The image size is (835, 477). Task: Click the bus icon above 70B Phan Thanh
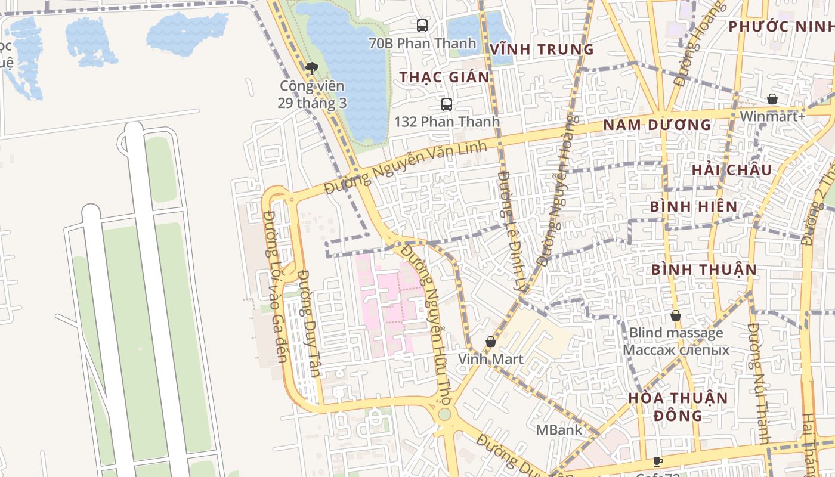click(x=422, y=25)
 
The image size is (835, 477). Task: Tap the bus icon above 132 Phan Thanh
click(x=447, y=104)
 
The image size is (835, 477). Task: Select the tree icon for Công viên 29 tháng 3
click(x=311, y=69)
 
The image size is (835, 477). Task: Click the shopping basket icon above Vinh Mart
click(x=491, y=342)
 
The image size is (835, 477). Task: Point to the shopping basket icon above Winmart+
click(x=772, y=99)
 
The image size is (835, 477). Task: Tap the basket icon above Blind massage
click(x=676, y=315)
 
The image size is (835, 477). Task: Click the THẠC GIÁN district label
click(x=444, y=77)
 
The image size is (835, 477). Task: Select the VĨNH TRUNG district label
click(x=542, y=49)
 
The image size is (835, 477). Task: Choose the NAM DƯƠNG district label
click(x=657, y=125)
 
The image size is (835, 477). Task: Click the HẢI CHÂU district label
click(x=732, y=170)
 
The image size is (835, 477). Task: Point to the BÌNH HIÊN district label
click(x=694, y=207)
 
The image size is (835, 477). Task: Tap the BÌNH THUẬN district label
click(x=704, y=270)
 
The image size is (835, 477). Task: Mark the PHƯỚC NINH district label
click(x=781, y=27)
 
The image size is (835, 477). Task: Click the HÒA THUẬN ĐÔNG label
click(x=678, y=406)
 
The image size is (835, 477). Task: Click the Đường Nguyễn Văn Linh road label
click(x=406, y=169)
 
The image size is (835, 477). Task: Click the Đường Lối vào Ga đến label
click(x=275, y=286)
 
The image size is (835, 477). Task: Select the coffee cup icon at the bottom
click(x=658, y=461)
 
